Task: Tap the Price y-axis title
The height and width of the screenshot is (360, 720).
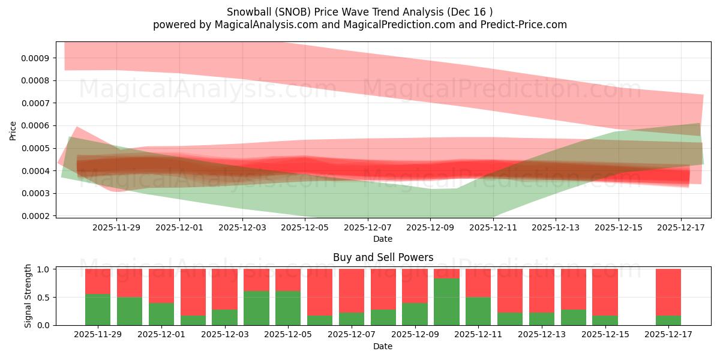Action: [13, 130]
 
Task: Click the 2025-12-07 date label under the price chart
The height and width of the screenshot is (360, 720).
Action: [368, 227]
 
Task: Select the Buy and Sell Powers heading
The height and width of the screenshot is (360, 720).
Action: [383, 257]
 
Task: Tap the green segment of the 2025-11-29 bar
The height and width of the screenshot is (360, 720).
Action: [98, 310]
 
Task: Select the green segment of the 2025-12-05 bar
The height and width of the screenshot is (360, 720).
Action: [288, 308]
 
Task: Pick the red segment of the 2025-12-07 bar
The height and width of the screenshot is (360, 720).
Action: [352, 290]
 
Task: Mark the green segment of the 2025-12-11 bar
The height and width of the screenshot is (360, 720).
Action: [478, 311]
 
